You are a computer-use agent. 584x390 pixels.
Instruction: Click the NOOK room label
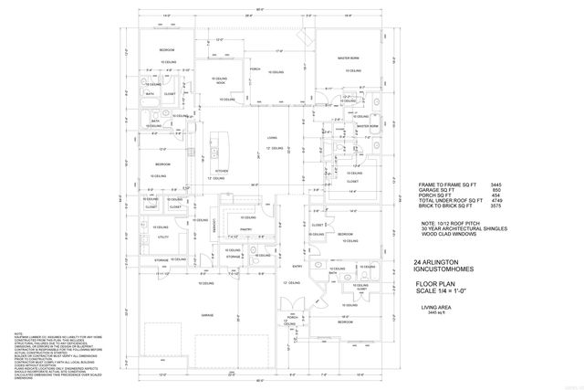pos(220,83)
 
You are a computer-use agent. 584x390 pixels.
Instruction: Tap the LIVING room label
pos(272,140)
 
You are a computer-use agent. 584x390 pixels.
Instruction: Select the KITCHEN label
pos(220,170)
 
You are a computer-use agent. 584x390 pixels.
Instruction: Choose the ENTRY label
pos(297,266)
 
